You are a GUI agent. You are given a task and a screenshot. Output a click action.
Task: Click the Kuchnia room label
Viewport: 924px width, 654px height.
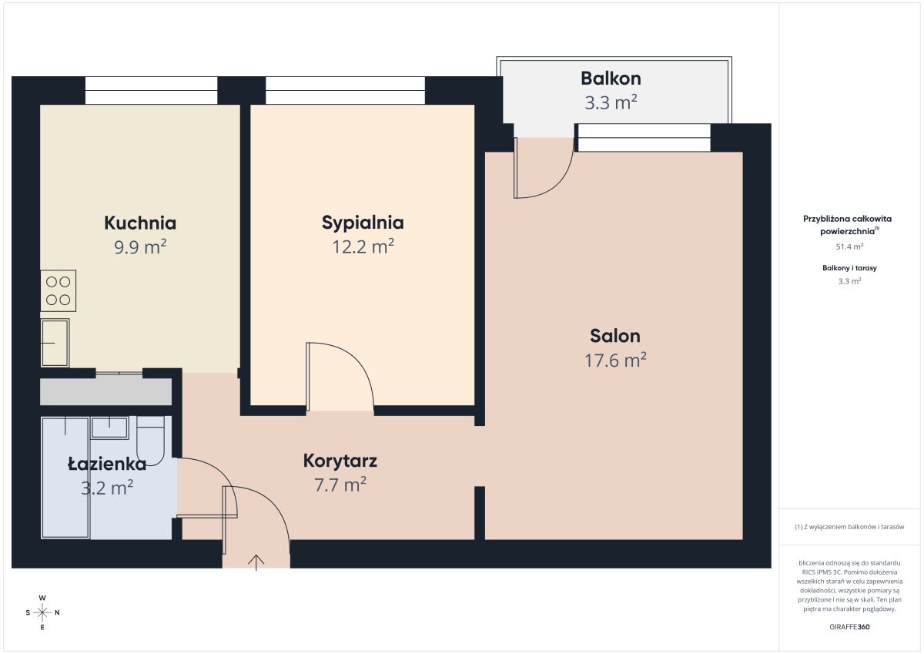click(140, 223)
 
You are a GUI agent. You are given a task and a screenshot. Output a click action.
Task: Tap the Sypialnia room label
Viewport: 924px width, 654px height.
click(363, 223)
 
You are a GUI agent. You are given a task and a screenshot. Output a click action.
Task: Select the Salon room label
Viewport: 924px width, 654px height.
click(615, 336)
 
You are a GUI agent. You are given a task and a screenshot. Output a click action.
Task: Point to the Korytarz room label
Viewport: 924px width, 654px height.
click(340, 461)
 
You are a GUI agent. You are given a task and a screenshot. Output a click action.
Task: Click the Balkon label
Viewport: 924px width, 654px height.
click(611, 79)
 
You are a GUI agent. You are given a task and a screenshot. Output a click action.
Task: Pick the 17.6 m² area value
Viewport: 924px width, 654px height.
click(615, 361)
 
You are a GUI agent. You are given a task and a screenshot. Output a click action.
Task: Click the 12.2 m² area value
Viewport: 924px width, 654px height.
click(363, 247)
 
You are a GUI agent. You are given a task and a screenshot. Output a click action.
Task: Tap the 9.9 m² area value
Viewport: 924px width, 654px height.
click(140, 247)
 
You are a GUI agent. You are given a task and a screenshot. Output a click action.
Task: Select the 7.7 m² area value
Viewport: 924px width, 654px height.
click(340, 485)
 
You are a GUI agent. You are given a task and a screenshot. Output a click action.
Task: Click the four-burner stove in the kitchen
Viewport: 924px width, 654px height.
click(59, 291)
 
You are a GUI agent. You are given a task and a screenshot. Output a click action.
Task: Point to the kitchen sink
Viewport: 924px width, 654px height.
click(55, 343)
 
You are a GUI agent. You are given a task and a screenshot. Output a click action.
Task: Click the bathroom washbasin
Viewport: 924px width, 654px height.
click(109, 428)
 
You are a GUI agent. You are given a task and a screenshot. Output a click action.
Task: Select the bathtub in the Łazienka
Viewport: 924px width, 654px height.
click(65, 478)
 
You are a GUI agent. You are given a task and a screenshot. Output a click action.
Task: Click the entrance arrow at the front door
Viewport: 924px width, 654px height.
click(256, 562)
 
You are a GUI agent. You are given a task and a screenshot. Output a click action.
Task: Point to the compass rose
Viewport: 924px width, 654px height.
click(42, 612)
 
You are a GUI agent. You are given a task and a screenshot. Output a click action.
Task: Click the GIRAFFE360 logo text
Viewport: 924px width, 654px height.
click(849, 627)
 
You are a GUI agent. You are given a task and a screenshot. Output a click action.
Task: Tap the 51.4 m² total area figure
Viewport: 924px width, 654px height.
click(849, 247)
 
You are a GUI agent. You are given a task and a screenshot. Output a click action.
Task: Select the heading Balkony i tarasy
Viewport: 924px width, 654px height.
click(849, 268)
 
